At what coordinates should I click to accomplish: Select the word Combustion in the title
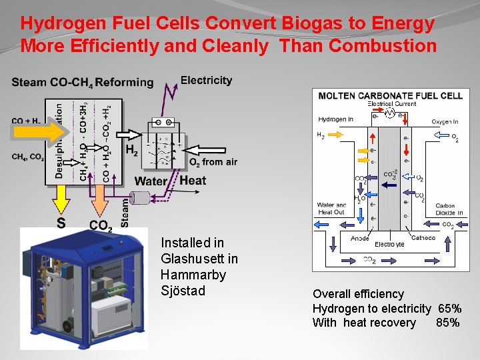(x=383, y=46)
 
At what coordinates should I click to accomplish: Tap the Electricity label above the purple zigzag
(x=206, y=80)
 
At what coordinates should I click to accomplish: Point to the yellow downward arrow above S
(x=61, y=199)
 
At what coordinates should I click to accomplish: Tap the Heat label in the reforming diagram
(x=193, y=181)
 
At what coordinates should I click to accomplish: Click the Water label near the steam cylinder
(x=151, y=181)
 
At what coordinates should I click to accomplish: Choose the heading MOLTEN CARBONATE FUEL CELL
(x=390, y=95)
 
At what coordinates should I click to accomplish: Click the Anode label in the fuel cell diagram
(x=361, y=239)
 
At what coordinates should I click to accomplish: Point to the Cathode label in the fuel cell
(x=423, y=238)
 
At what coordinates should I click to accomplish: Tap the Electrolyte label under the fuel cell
(x=389, y=245)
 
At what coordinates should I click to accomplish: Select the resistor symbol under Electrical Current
(x=390, y=113)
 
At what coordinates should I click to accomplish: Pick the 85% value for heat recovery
(x=447, y=323)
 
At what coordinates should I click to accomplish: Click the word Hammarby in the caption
(x=193, y=275)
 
